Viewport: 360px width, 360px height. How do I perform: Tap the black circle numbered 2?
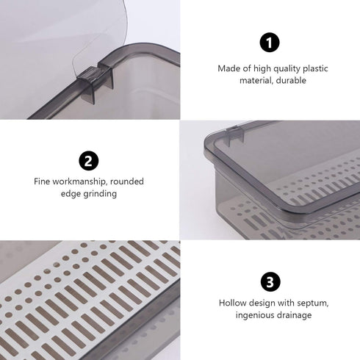[89, 160]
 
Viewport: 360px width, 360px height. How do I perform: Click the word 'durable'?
[292, 81]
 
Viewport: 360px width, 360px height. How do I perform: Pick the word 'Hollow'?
[232, 302]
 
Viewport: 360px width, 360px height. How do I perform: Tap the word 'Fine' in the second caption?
[42, 181]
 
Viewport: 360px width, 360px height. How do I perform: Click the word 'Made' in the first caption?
[228, 68]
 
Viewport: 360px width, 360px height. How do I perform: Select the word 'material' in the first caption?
[256, 81]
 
